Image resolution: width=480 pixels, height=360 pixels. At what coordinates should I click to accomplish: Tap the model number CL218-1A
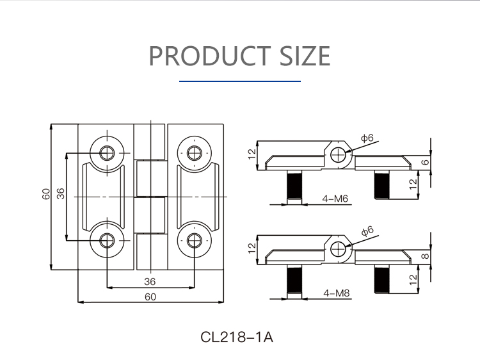tap(237, 337)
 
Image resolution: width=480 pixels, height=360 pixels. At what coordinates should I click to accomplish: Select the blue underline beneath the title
tap(240, 81)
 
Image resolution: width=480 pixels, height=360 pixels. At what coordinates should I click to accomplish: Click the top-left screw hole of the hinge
tap(106, 152)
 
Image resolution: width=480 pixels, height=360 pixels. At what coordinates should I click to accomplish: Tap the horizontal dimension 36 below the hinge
tap(150, 281)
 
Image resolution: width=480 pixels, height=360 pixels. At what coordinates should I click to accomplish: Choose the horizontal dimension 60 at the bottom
tap(150, 296)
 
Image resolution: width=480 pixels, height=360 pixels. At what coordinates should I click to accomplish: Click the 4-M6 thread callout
tap(335, 199)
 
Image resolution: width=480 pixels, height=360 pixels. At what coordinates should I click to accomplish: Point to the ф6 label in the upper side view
tap(367, 138)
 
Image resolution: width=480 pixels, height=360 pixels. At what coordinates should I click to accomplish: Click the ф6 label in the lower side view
tap(367, 231)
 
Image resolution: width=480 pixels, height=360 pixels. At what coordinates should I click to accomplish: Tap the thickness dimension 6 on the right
tap(425, 163)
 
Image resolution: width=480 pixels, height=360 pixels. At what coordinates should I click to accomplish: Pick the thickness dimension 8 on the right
tap(425, 256)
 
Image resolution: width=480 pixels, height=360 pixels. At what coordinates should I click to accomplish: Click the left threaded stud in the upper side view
tap(294, 186)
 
